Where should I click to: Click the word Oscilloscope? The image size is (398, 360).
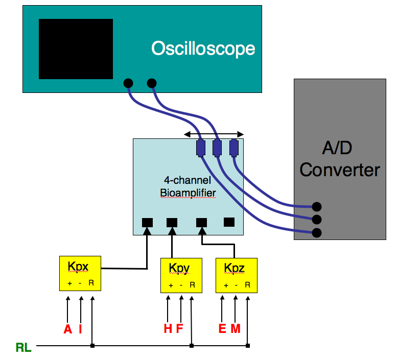203,49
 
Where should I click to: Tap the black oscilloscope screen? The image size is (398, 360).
76,49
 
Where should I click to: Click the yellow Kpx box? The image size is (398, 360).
80,273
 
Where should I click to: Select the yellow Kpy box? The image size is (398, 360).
181,275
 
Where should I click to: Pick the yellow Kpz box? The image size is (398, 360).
237,275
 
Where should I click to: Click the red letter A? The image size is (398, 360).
68,329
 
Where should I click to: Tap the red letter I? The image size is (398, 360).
80,329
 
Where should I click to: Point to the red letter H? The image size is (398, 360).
168,328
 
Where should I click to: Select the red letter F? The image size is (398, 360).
179,328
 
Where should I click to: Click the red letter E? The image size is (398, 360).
222,328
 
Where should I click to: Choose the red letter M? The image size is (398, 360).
236,328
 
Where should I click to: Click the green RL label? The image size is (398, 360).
24,347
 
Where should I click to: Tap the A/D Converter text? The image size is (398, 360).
340,159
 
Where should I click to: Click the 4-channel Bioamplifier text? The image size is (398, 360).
188,187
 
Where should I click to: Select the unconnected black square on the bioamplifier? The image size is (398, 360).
229,222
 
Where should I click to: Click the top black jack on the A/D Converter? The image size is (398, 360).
317,206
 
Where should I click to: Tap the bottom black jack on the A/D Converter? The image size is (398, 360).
317,233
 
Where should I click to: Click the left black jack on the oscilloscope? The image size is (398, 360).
128,83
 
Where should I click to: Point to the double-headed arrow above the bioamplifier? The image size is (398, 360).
214,134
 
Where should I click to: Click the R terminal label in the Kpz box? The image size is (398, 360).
247,285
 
